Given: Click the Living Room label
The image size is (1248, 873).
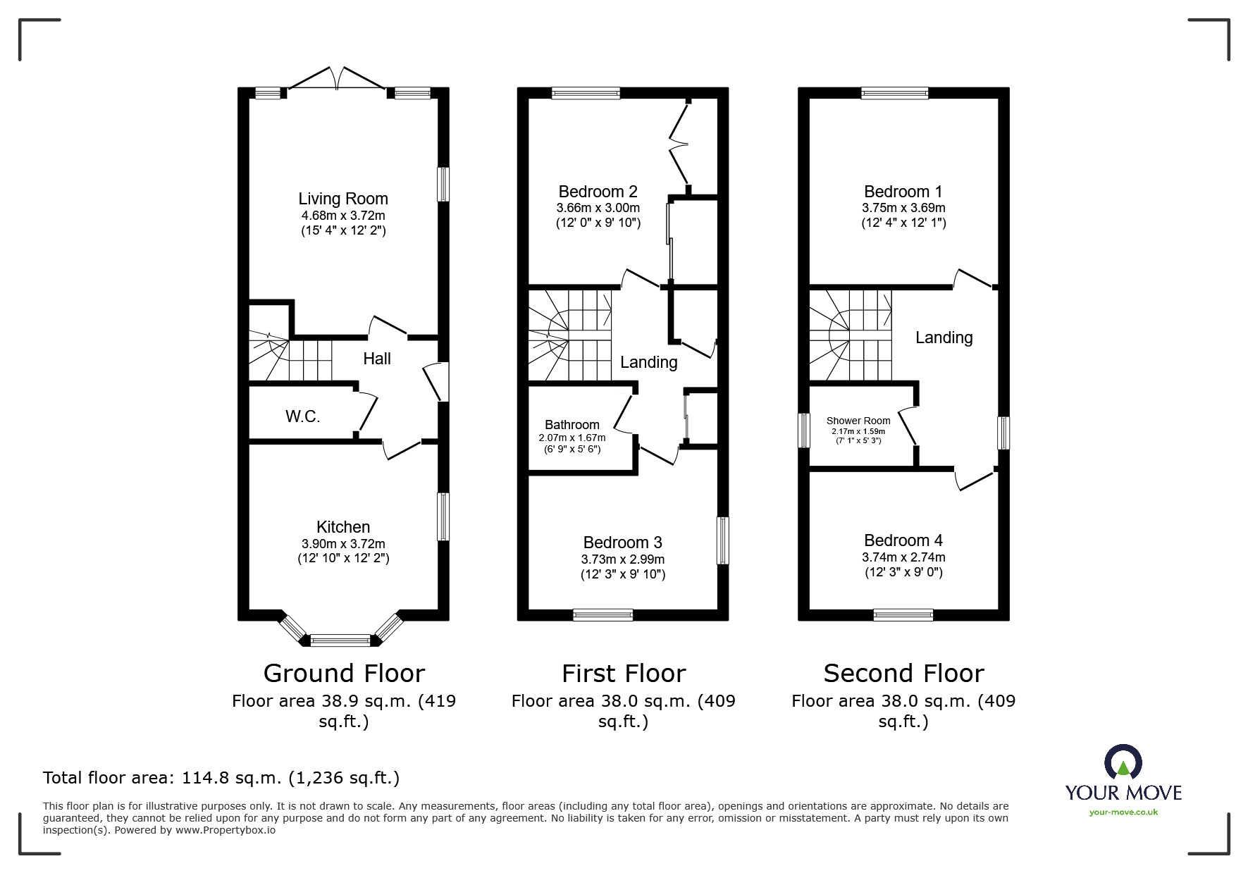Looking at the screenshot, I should pyautogui.click(x=343, y=199).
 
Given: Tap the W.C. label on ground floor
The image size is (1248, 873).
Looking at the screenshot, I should pyautogui.click(x=303, y=416).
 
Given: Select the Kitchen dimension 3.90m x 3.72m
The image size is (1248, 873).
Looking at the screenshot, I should pyautogui.click(x=343, y=544).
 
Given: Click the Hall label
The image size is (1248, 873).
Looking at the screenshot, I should pyautogui.click(x=377, y=359).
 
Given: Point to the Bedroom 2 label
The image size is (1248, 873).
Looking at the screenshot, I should pyautogui.click(x=598, y=192).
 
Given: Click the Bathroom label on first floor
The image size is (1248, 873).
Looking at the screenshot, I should pyautogui.click(x=572, y=425).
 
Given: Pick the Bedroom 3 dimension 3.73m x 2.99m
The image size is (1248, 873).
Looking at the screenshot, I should pyautogui.click(x=622, y=559).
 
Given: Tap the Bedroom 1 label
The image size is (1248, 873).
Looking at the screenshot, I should pyautogui.click(x=903, y=192).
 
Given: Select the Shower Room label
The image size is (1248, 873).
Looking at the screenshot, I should pyautogui.click(x=858, y=421).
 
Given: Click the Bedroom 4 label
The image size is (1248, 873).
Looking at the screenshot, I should pyautogui.click(x=903, y=540).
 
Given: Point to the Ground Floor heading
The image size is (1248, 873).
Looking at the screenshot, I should pyautogui.click(x=344, y=674).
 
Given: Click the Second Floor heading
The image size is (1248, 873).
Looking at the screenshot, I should pyautogui.click(x=903, y=674).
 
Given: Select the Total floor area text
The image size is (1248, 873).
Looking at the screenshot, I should pyautogui.click(x=221, y=778).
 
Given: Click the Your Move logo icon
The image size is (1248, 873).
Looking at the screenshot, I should pyautogui.click(x=1123, y=763).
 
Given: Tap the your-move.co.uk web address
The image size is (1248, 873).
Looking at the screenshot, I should pyautogui.click(x=1123, y=812).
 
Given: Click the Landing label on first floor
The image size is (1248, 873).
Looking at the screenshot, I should pyautogui.click(x=648, y=362).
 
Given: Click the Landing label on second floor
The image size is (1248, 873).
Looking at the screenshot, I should pyautogui.click(x=944, y=338).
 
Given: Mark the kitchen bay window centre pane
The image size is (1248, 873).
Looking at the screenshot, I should pyautogui.click(x=340, y=640).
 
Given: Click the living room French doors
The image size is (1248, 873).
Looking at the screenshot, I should pyautogui.click(x=337, y=79).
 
